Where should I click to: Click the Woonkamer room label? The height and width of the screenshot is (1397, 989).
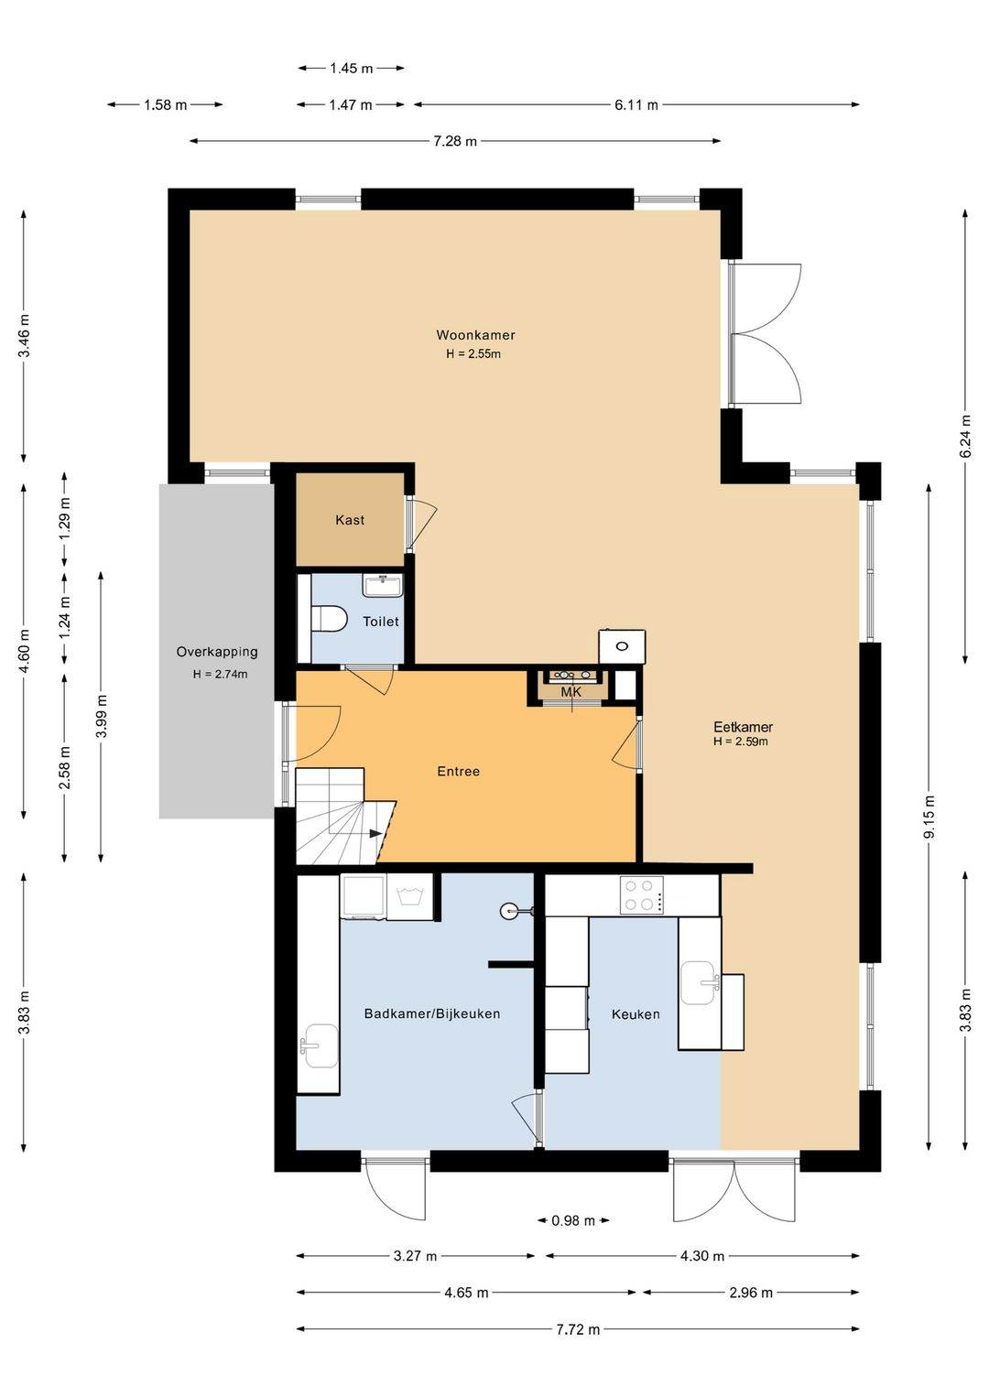475,335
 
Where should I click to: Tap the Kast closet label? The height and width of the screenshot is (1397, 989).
350,520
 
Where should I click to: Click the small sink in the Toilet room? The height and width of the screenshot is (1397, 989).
383,585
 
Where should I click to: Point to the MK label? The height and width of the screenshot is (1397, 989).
571,692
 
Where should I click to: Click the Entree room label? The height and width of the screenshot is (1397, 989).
459,772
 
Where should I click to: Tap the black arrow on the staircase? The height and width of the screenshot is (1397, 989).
375,833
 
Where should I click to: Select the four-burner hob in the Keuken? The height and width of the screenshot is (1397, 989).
641,895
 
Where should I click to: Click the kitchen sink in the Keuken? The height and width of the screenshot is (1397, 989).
698,983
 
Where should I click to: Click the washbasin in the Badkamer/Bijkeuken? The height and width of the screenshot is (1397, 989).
320,1045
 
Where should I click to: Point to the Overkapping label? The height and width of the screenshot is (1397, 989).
216,652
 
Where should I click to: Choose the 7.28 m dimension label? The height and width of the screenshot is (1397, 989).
455,141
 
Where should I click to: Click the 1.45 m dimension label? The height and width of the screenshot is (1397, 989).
351,68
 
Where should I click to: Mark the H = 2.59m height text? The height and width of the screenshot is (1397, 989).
741,742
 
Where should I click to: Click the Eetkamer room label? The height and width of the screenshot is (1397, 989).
743,727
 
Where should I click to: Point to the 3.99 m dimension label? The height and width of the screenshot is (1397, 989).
101,716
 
